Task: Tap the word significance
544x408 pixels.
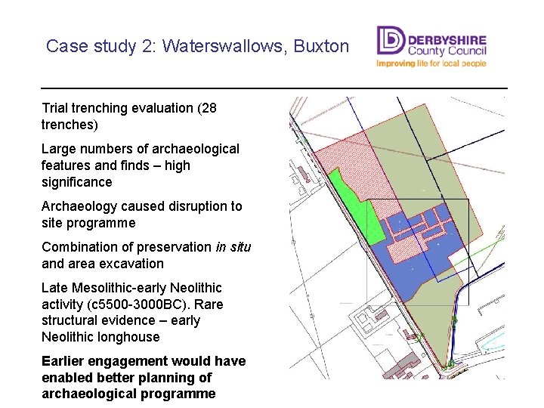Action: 77,182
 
